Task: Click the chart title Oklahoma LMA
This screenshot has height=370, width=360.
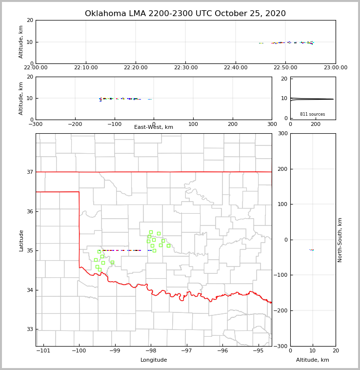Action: (185, 14)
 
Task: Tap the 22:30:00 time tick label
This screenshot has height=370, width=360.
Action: (185, 67)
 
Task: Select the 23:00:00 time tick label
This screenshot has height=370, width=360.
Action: (335, 67)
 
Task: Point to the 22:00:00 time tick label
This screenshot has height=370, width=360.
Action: (36, 67)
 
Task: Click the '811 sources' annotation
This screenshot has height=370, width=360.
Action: (312, 114)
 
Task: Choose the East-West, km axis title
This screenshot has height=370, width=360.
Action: (154, 127)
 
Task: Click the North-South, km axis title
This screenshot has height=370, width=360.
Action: (340, 240)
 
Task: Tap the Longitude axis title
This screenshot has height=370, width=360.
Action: (154, 360)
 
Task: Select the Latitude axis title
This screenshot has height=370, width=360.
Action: (21, 240)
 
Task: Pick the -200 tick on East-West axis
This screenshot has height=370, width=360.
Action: (75, 124)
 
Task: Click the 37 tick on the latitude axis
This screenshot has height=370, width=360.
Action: (29, 172)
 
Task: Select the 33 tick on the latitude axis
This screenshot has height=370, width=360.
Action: (29, 329)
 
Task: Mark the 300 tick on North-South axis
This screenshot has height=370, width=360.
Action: (282, 134)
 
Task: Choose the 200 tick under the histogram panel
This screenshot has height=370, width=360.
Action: (316, 124)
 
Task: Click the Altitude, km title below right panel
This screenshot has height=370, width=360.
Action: (313, 360)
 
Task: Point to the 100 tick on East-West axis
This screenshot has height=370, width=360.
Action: (193, 124)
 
